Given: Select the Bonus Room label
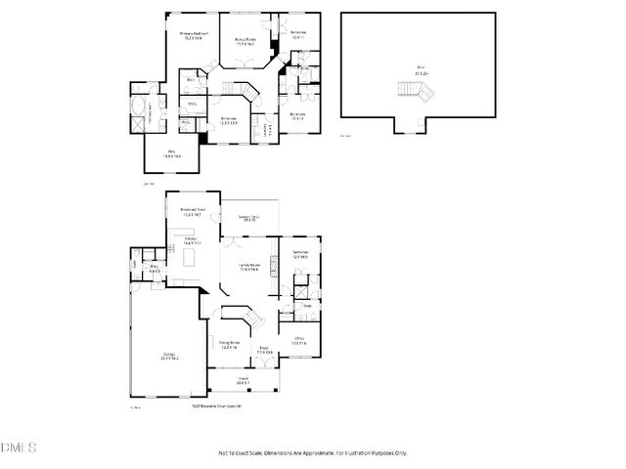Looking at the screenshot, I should click(x=245, y=40).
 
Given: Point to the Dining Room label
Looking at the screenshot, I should click(x=229, y=344).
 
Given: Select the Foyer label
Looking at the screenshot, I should click(x=264, y=351).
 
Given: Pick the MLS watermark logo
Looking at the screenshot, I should click(x=18, y=448).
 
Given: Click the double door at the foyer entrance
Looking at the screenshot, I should click(x=263, y=370).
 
